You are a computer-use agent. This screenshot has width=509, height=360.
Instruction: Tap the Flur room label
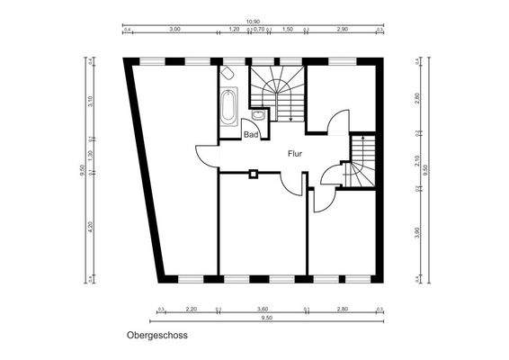[x=294, y=154]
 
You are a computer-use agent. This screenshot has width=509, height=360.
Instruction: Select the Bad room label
[x=252, y=135]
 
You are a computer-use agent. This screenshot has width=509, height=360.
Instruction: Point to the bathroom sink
[x=258, y=114]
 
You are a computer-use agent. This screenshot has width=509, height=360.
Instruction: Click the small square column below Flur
[x=254, y=173]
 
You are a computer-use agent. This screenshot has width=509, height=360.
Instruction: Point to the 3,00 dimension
[x=174, y=30]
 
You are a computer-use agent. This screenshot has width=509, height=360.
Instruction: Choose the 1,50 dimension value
[x=288, y=30]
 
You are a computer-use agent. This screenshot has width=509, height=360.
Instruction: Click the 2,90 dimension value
[x=342, y=30]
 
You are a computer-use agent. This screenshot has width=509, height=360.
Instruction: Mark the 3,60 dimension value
[x=263, y=309]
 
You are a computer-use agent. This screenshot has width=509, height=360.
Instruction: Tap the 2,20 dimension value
[x=191, y=309]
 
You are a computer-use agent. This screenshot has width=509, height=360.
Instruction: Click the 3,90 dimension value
[x=416, y=233]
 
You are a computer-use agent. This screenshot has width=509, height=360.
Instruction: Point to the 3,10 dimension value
[x=90, y=100]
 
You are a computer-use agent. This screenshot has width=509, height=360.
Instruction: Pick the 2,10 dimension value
[x=416, y=161]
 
